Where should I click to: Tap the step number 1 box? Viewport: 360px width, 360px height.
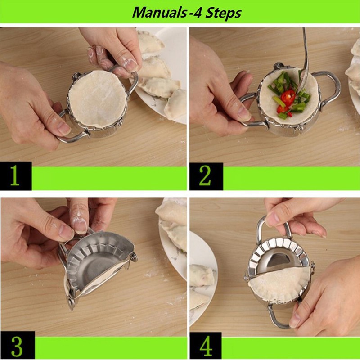tap(16, 177)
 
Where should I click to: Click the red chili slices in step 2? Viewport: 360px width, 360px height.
tap(287, 98)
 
